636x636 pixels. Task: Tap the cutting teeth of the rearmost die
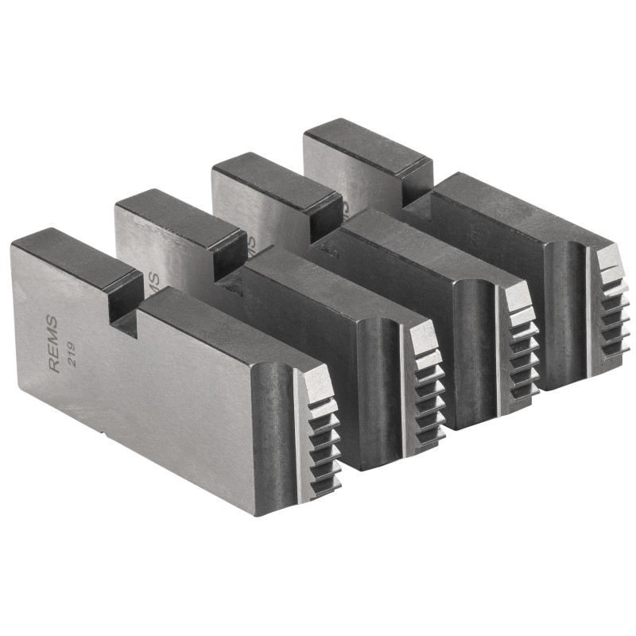(x=611, y=302)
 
